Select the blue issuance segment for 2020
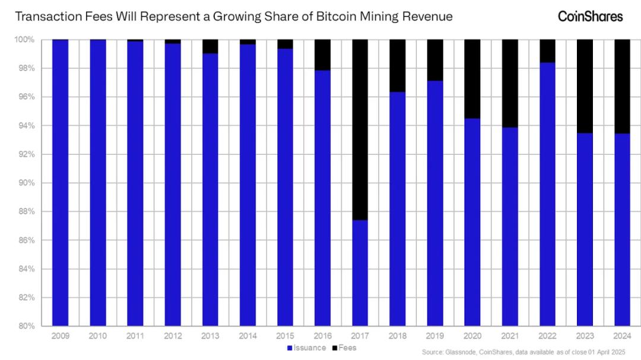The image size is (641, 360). [472, 222]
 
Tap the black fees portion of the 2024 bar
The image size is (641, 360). [621, 86]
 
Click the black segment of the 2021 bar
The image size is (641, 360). [509, 83]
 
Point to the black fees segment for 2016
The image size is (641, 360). [322, 55]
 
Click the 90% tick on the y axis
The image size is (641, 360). [28, 183]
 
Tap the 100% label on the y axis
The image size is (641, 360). [27, 40]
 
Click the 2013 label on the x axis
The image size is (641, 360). [210, 336]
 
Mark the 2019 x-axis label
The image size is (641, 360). [434, 336]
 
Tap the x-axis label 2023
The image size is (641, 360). [584, 336]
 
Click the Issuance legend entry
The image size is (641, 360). [306, 348]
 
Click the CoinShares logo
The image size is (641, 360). [590, 16]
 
